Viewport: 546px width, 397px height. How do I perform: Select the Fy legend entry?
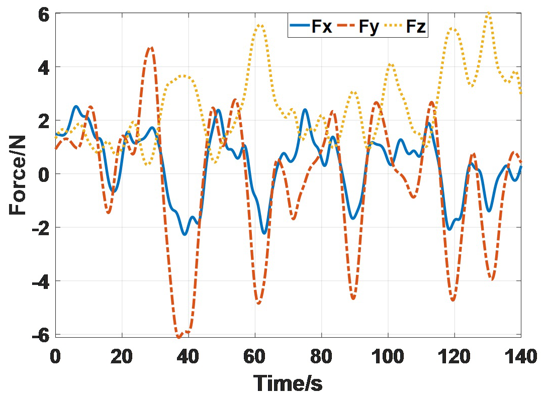359,27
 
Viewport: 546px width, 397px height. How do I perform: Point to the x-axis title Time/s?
288,383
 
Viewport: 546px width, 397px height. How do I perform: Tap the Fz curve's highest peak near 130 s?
488,13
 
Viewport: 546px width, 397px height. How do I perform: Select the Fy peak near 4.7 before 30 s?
150,48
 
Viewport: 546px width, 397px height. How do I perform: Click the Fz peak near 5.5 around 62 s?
260,25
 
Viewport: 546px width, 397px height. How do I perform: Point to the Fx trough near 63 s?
264,233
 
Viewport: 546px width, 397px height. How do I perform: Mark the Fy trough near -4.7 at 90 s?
353,299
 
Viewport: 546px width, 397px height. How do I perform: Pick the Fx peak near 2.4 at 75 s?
305,110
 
